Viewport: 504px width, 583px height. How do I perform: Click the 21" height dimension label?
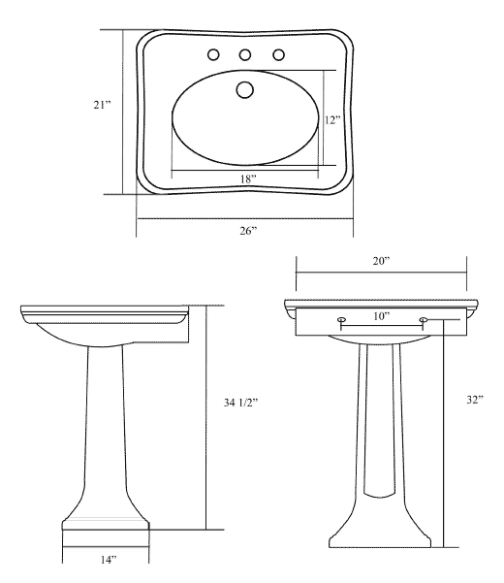(102, 105)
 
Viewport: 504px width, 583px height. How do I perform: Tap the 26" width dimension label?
(248, 231)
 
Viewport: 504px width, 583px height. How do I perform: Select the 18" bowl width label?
(248, 178)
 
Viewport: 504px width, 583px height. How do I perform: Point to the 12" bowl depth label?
(332, 120)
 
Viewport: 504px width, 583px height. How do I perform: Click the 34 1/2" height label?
(240, 403)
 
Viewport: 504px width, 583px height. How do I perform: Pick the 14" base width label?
(109, 559)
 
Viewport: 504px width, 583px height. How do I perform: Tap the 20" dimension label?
(382, 261)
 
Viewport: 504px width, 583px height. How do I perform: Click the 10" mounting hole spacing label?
(382, 316)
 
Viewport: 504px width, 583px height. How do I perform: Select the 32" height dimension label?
(475, 400)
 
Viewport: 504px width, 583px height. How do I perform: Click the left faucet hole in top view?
(213, 55)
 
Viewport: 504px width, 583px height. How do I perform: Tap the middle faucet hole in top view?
(245, 55)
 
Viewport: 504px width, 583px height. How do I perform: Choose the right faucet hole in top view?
(278, 55)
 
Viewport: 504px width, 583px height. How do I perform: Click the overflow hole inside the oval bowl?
(245, 89)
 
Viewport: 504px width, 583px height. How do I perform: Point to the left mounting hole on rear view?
(342, 319)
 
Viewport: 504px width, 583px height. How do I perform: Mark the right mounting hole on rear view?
(424, 319)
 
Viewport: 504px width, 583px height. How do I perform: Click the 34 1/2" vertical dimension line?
(205, 417)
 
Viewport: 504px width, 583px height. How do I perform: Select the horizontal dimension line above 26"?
(245, 218)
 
